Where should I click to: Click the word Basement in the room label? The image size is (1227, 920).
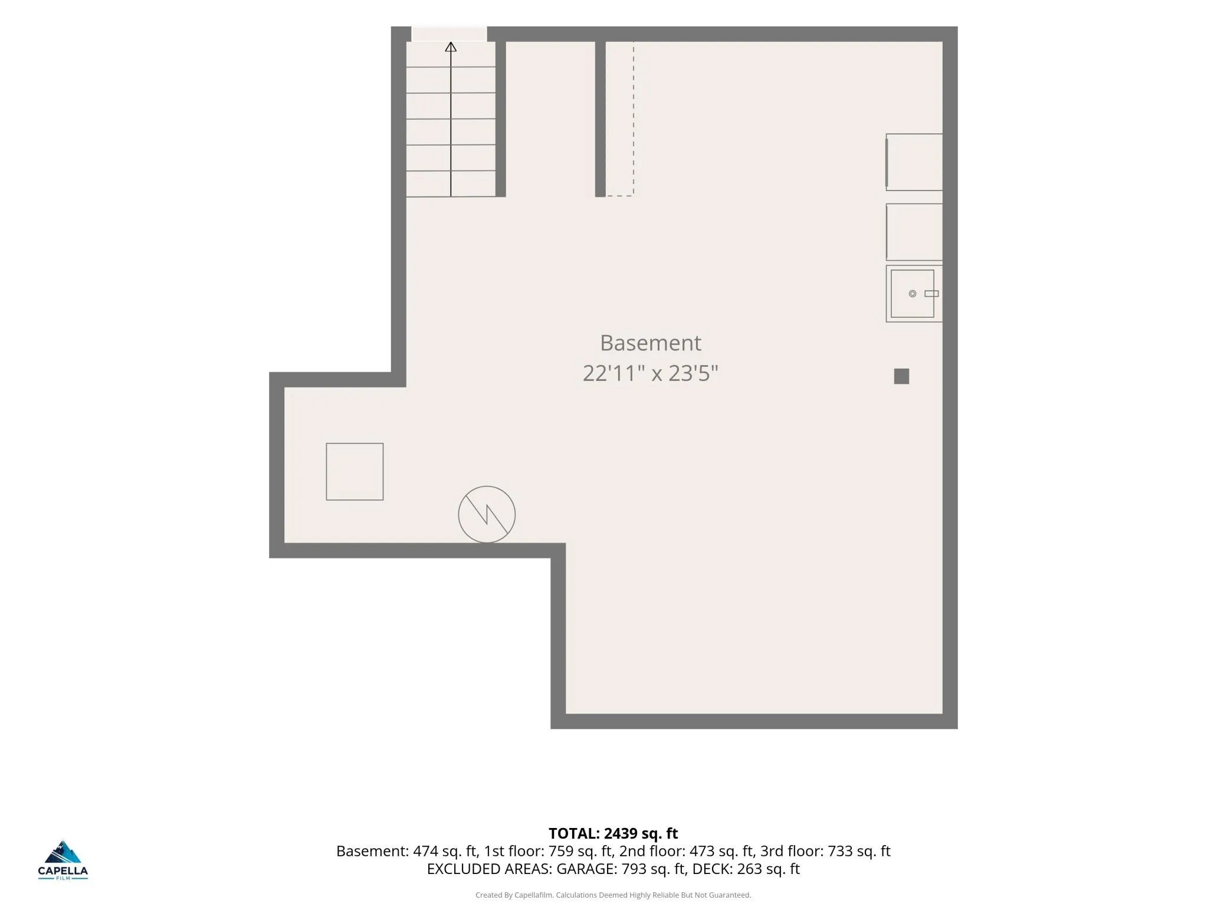pyautogui.click(x=650, y=343)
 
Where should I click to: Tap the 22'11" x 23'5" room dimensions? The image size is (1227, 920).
pyautogui.click(x=650, y=373)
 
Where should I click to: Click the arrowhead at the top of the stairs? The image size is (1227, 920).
pyautogui.click(x=451, y=47)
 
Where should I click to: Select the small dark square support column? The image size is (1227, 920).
pyautogui.click(x=901, y=376)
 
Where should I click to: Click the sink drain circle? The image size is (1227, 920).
pyautogui.click(x=912, y=294)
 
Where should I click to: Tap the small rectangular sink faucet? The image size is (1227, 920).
pyautogui.click(x=931, y=294)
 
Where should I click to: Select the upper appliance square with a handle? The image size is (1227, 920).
pyautogui.click(x=914, y=162)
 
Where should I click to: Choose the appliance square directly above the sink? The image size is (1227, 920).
pyautogui.click(x=914, y=232)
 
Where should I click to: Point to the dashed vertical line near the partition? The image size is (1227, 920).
pyautogui.click(x=634, y=118)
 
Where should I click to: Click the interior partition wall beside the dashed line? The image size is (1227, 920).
pyautogui.click(x=601, y=119)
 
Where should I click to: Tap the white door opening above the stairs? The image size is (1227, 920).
pyautogui.click(x=449, y=34)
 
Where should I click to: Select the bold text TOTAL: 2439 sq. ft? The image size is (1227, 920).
pyautogui.click(x=613, y=833)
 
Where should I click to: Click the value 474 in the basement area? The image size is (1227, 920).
pyautogui.click(x=425, y=851)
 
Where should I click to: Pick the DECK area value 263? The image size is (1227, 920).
pyautogui.click(x=749, y=869)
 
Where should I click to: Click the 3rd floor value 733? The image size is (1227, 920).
pyautogui.click(x=840, y=851)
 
